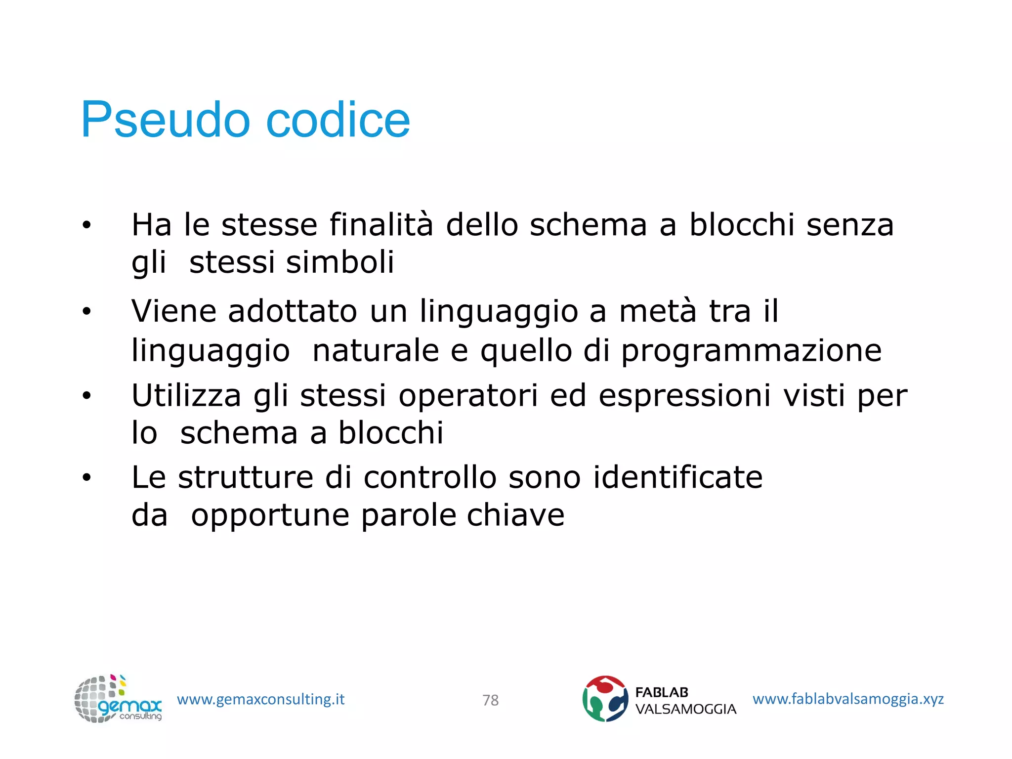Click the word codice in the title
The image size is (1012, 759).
coord(338,120)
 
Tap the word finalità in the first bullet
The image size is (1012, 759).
coord(381,225)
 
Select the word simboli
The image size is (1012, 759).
coord(340,262)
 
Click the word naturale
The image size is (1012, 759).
coord(376,351)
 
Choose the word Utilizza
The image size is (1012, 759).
coord(186,396)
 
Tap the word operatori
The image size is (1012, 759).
coord(468,396)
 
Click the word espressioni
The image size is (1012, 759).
coord(684,396)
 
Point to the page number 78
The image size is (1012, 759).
coord(491,700)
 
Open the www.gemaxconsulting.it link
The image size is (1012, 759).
coord(260,699)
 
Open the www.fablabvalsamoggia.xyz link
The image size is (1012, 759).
coord(848,699)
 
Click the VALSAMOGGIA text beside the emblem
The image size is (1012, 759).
coord(685,709)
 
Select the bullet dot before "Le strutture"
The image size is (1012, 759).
coord(87,478)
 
